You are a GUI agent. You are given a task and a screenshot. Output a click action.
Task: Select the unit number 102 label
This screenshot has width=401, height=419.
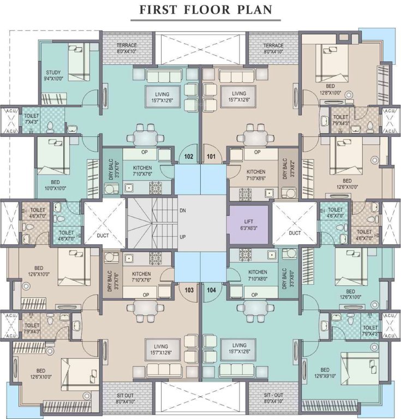(x=189, y=155)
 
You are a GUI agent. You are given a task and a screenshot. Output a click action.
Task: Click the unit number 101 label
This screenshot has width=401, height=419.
(x=212, y=155)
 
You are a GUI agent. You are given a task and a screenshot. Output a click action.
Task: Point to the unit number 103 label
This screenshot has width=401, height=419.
(x=189, y=290)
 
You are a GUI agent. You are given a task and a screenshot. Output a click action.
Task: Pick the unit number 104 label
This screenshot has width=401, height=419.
(x=212, y=290)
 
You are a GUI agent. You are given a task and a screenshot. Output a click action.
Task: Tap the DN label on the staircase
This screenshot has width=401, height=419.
(x=182, y=210)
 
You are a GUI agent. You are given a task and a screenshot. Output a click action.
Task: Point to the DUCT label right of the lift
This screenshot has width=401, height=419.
(x=295, y=233)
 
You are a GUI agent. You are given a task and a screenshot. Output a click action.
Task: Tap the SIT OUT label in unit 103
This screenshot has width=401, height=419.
(x=126, y=397)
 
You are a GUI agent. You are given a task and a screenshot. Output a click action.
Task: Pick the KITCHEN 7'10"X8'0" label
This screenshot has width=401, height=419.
(x=258, y=275)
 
